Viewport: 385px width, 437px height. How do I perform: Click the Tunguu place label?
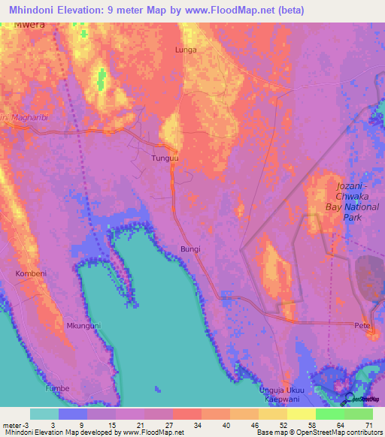point(165,158)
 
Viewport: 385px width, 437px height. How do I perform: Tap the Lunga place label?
point(186,50)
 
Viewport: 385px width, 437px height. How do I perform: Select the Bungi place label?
point(189,247)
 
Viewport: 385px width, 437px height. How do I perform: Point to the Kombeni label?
point(31,274)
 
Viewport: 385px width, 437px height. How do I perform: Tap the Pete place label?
point(362,325)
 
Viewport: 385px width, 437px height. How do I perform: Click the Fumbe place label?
point(56,388)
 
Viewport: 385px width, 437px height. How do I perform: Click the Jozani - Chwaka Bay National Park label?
point(343,200)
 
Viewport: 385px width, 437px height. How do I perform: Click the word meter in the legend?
point(11,425)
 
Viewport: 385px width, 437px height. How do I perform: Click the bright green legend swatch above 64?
point(330,414)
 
